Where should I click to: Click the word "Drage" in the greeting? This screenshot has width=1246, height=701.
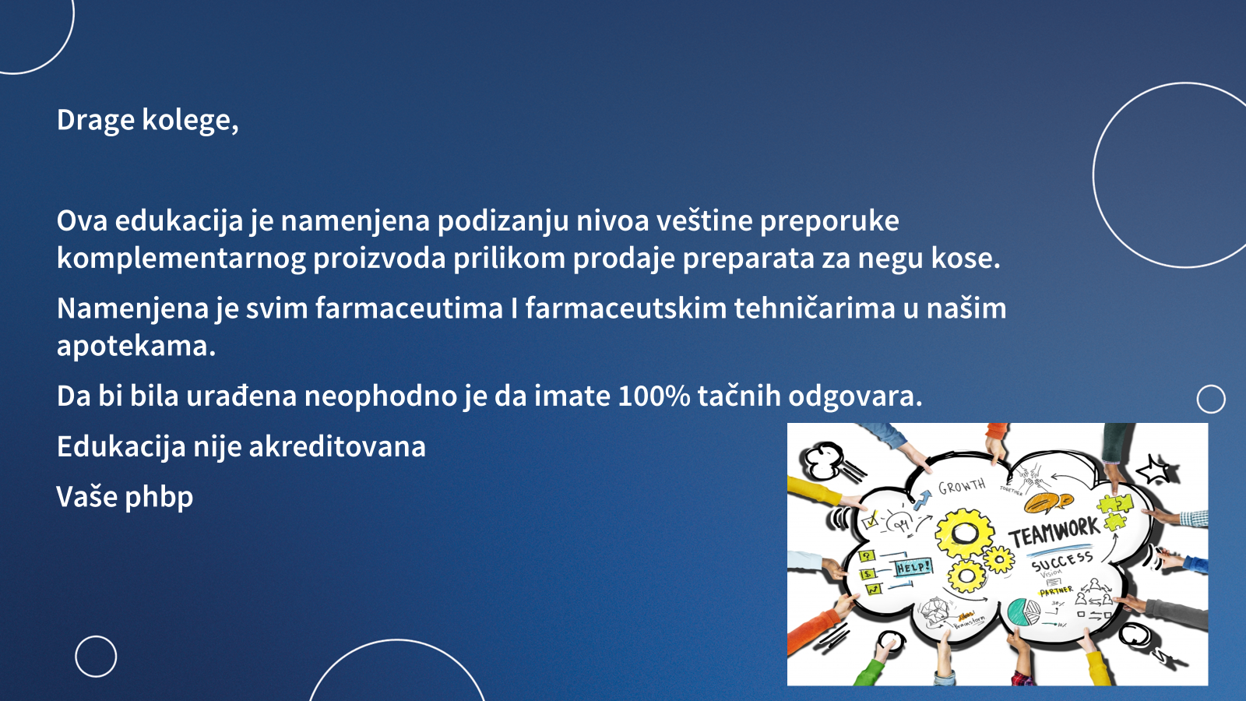pyautogui.click(x=96, y=120)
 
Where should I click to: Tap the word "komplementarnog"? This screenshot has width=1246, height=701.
pyautogui.click(x=181, y=259)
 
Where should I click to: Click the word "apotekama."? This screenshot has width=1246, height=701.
pyautogui.click(x=136, y=347)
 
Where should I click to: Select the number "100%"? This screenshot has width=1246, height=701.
pyautogui.click(x=654, y=396)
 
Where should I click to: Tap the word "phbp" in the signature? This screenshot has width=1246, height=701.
pyautogui.click(x=159, y=498)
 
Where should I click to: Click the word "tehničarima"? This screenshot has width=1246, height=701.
pyautogui.click(x=815, y=308)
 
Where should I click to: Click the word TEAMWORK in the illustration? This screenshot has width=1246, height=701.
pyautogui.click(x=1054, y=531)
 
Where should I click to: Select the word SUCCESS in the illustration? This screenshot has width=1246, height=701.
pyautogui.click(x=1061, y=562)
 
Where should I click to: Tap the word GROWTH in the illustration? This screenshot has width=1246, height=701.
pyautogui.click(x=962, y=486)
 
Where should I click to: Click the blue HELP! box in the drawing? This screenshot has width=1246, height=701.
pyautogui.click(x=913, y=568)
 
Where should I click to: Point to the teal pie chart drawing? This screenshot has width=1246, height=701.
pyautogui.click(x=1023, y=611)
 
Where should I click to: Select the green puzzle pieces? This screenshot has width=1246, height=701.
pyautogui.click(x=1114, y=512)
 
